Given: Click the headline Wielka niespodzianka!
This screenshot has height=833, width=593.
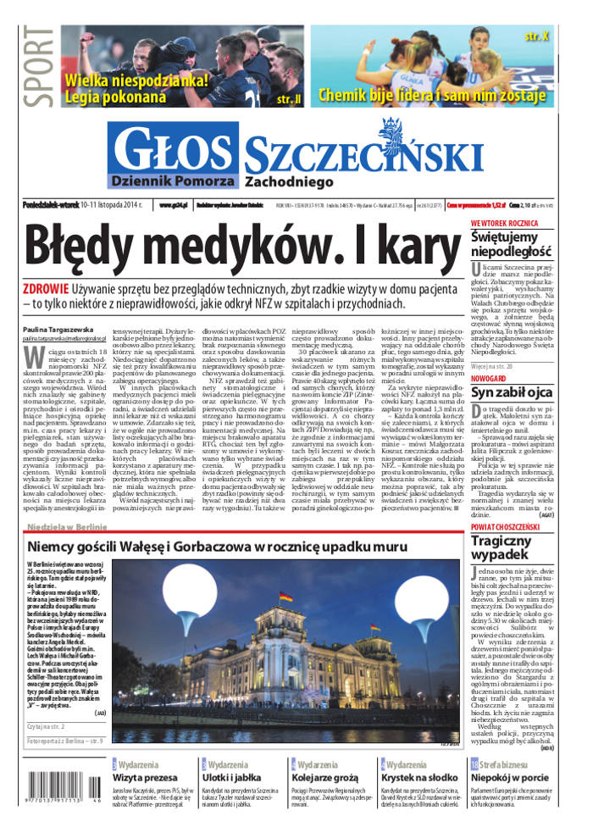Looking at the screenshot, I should pyautogui.click(x=136, y=81).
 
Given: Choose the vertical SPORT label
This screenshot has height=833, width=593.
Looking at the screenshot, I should pyautogui.click(x=37, y=68).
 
